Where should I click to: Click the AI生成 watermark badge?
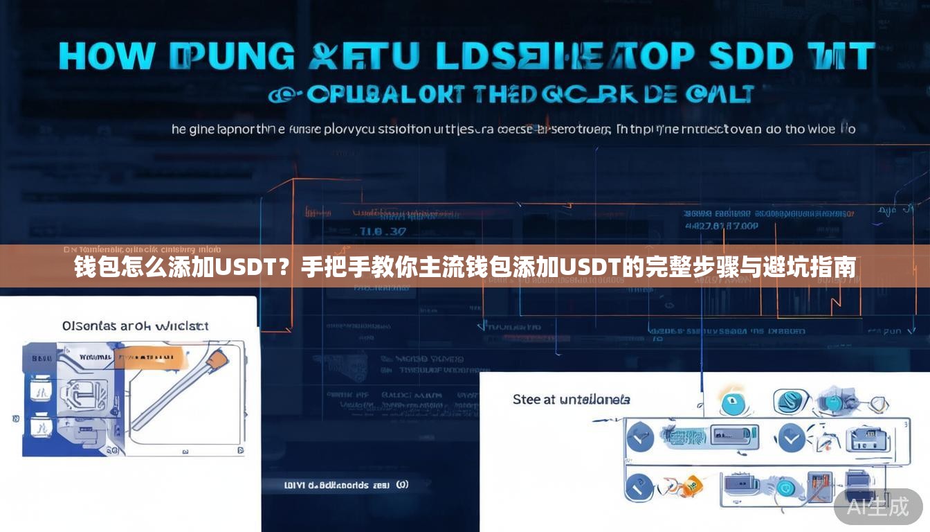point(878,507)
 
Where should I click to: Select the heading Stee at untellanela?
point(571,400)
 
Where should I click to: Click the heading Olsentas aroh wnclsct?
point(135,326)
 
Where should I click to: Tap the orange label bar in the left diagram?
point(150,357)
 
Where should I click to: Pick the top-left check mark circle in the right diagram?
point(639,438)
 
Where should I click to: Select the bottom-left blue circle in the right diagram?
point(639,486)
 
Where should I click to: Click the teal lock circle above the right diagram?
point(732,403)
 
